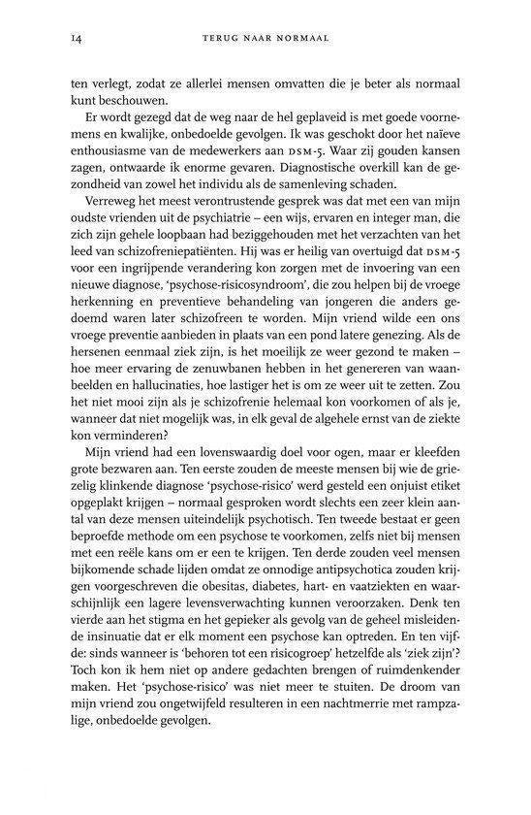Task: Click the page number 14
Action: pos(75,38)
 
